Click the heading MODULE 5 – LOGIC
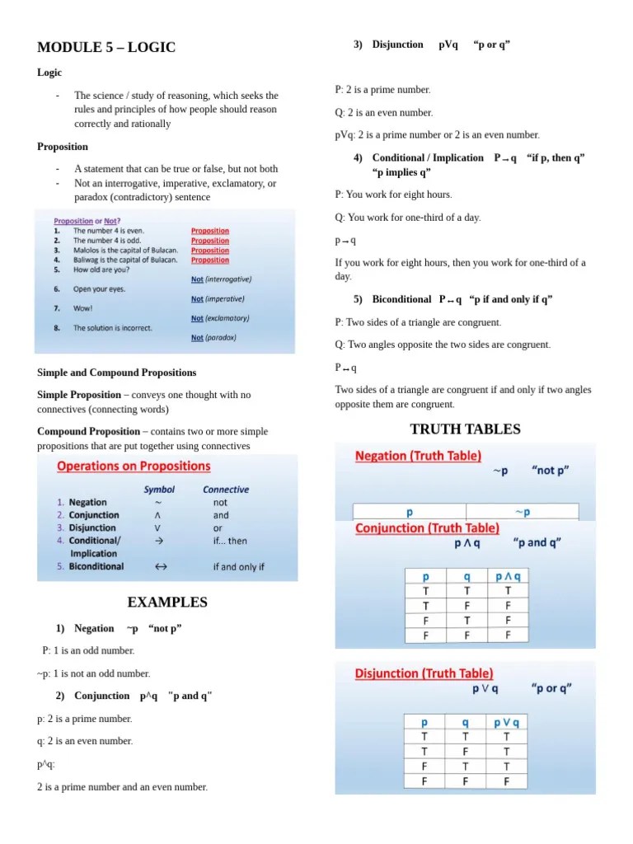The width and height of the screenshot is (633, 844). tap(106, 47)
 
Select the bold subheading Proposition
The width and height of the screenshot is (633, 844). tap(63, 147)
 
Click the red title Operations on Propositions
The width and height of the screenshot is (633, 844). tap(134, 467)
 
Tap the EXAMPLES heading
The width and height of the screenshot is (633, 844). tap(167, 602)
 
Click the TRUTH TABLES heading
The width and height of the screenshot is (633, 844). tap(465, 429)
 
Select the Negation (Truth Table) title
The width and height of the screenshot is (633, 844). tap(419, 455)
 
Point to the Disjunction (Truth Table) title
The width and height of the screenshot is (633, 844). tap(424, 673)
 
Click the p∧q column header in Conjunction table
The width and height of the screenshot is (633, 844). tap(507, 577)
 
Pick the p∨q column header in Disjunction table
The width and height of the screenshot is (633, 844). tap(506, 723)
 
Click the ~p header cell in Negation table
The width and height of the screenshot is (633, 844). tap(523, 512)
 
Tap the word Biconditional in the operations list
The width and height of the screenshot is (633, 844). tap(96, 567)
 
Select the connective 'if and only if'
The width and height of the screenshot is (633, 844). tap(238, 567)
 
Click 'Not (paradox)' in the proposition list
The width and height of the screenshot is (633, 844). tap(213, 337)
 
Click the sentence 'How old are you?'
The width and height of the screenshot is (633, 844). tap(101, 270)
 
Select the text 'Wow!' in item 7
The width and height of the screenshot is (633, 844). tap(83, 308)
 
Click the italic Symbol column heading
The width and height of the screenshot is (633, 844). tap(159, 489)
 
